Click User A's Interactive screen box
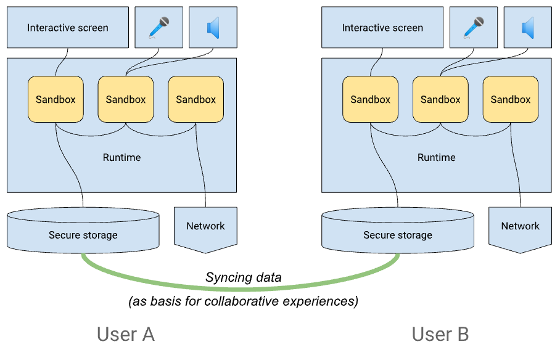click(68, 28)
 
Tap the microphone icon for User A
click(159, 28)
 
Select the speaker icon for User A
click(213, 28)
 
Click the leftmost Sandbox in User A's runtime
click(56, 99)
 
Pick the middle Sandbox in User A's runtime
click(126, 99)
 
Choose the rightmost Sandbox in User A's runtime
click(196, 99)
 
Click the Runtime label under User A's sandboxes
click(121, 157)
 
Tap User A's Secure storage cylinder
click(83, 234)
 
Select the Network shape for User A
click(205, 226)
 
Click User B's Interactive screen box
click(382, 28)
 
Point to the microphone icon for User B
click(474, 28)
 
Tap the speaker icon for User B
click(527, 28)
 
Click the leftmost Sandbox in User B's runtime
click(370, 99)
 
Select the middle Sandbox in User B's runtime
click(440, 99)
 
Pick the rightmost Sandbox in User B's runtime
click(511, 99)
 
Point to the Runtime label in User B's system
click(436, 157)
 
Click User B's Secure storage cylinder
click(398, 234)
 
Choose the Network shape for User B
click(520, 226)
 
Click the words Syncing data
click(243, 277)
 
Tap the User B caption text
click(440, 334)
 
